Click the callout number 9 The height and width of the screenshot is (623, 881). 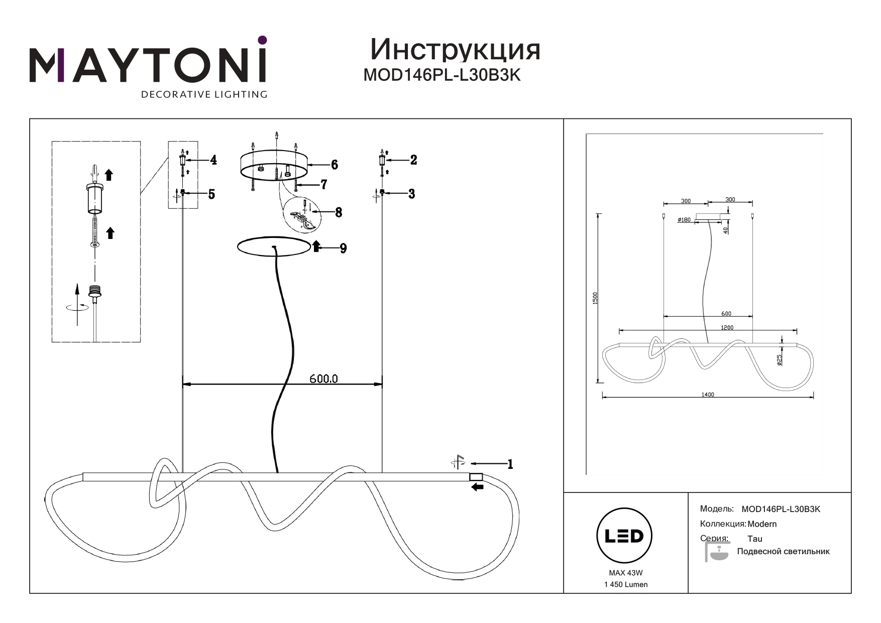click(x=343, y=248)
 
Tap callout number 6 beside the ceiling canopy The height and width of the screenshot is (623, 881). click(x=335, y=165)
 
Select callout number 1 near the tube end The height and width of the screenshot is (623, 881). click(x=510, y=464)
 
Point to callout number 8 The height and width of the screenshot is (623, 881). click(x=339, y=212)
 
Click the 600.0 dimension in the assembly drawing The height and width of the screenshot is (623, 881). click(x=323, y=379)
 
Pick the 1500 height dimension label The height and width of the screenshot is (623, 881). click(x=595, y=298)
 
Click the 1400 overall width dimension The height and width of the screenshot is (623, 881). click(x=707, y=395)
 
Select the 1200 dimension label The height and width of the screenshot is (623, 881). click(x=727, y=328)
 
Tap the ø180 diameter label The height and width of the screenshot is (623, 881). click(x=684, y=220)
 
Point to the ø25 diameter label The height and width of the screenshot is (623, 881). click(x=780, y=360)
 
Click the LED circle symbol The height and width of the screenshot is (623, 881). click(x=624, y=536)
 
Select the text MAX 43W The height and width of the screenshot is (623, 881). click(x=625, y=573)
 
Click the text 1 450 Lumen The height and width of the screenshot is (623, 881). click(x=625, y=584)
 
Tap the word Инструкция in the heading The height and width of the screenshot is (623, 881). click(x=455, y=50)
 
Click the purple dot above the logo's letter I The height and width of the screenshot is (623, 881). click(x=262, y=40)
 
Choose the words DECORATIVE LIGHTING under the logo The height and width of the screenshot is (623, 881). click(x=204, y=94)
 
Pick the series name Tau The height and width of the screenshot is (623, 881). click(x=754, y=539)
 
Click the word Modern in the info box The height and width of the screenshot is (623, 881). click(x=762, y=524)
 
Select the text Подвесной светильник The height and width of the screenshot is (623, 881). click(x=783, y=552)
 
